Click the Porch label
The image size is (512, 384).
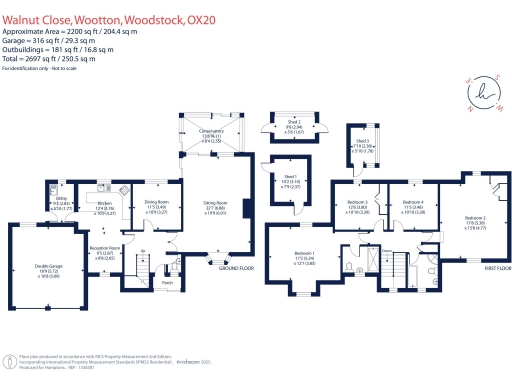click(167, 282)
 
